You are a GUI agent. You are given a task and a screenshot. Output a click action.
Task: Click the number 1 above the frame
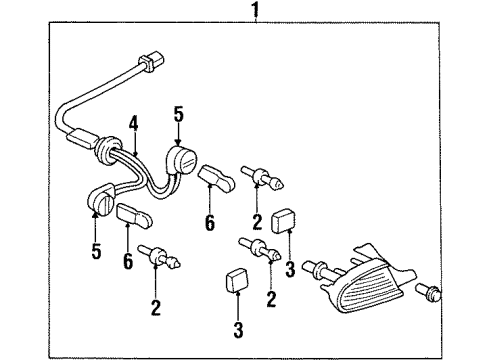click(x=256, y=12)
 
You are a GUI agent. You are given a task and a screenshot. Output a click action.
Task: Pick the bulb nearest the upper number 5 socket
click(x=265, y=181)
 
